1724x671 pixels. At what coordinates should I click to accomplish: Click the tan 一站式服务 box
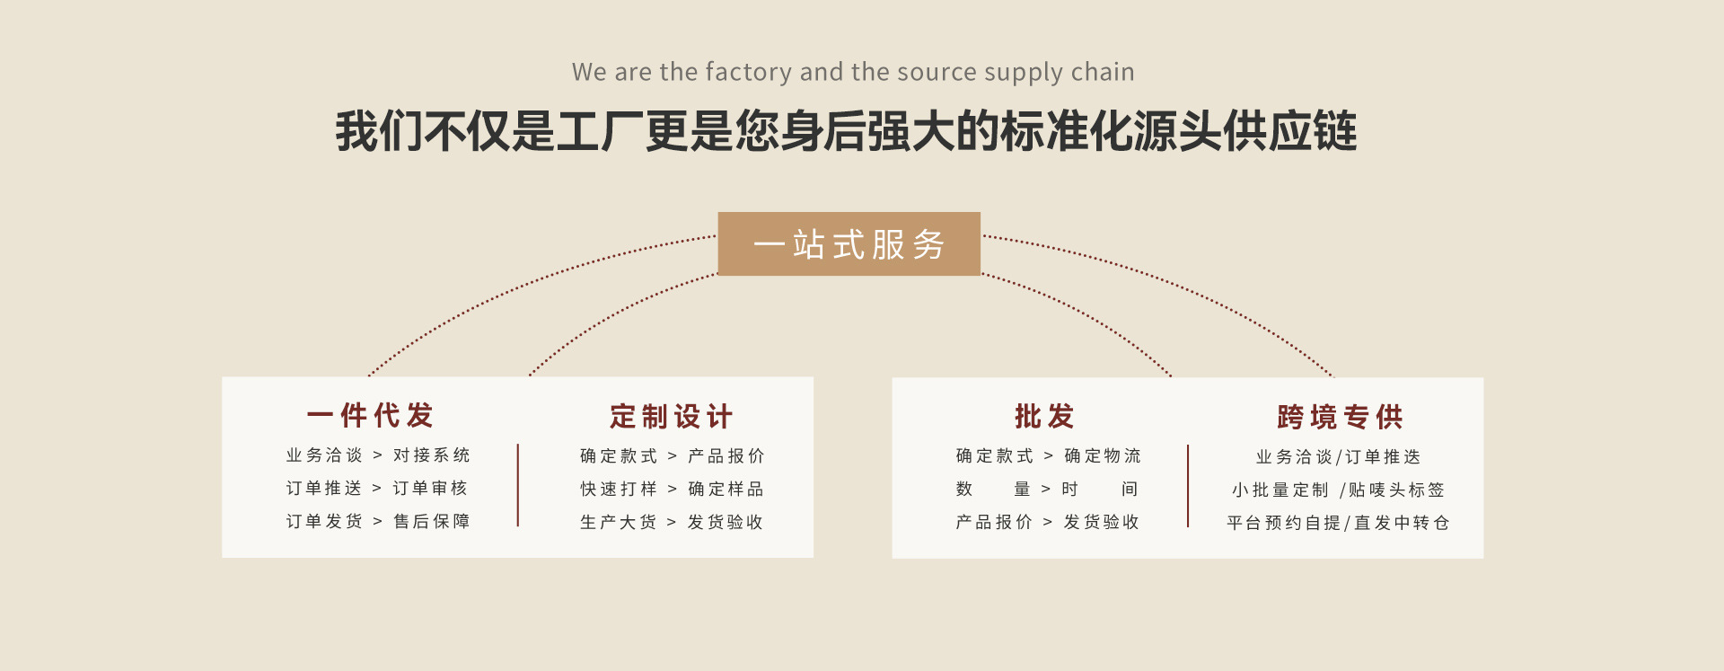click(849, 243)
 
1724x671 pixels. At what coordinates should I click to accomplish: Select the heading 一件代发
click(370, 416)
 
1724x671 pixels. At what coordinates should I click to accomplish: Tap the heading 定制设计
click(671, 417)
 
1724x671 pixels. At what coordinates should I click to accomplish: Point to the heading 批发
click(1044, 417)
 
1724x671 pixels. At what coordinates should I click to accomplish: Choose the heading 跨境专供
click(1340, 417)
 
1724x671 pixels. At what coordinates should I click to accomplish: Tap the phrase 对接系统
click(432, 455)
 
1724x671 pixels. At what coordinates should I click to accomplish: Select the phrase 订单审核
click(430, 489)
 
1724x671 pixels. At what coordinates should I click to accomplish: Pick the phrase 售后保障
click(432, 522)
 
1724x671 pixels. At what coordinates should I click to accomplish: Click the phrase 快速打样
click(619, 490)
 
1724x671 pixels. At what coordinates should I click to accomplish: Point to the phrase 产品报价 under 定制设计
click(726, 456)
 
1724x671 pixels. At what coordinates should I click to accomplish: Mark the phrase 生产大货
click(619, 523)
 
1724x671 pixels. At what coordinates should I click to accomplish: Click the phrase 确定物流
click(1103, 456)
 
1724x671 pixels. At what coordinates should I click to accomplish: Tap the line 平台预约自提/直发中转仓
click(1338, 523)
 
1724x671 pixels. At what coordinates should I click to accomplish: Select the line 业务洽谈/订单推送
click(1338, 457)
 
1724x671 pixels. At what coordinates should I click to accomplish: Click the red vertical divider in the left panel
click(518, 485)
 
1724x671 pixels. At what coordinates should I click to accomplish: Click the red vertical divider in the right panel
click(1188, 486)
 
